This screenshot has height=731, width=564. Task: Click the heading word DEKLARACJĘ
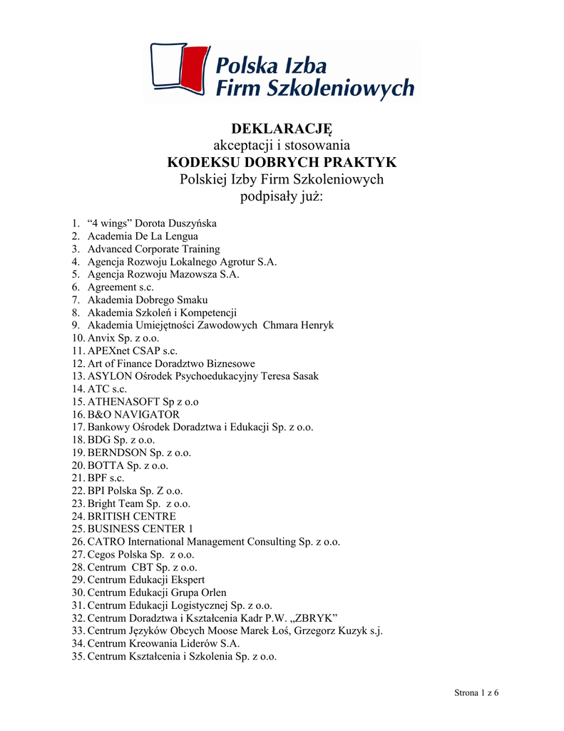click(282, 128)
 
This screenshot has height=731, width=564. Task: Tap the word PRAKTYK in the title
click(359, 162)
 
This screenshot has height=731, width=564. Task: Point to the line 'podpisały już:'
click(282, 196)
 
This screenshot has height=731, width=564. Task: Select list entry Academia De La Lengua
click(143, 236)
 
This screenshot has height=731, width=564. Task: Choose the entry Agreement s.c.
click(121, 287)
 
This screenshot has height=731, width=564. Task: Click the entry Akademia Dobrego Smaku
click(148, 300)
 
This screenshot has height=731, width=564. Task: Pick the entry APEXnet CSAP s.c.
click(133, 351)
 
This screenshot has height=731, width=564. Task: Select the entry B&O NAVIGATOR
click(133, 415)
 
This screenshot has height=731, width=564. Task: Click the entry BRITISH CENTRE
click(132, 516)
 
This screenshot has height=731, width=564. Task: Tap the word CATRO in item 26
click(105, 542)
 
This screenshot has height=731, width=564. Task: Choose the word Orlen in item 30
click(212, 593)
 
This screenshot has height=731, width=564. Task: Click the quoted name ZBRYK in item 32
click(314, 618)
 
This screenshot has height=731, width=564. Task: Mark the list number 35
click(78, 656)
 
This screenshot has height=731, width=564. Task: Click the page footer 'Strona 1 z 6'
click(476, 694)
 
